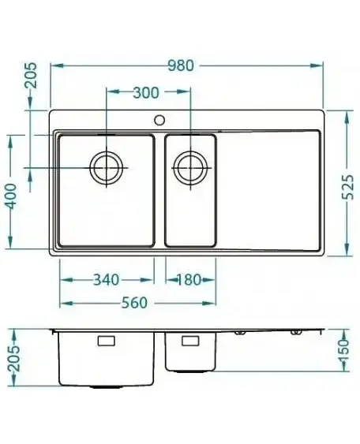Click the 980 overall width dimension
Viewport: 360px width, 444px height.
(181, 65)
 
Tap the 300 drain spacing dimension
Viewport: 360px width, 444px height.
(146, 92)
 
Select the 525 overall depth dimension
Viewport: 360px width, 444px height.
(348, 187)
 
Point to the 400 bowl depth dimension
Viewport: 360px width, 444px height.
(11, 196)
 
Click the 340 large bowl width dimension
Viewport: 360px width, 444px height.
(107, 280)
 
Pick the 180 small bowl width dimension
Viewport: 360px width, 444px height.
(189, 280)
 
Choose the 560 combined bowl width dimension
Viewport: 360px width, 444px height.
(134, 303)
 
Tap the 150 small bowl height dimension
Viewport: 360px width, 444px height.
(345, 351)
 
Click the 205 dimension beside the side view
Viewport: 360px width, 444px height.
(14, 358)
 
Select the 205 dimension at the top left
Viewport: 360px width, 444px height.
(30, 75)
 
